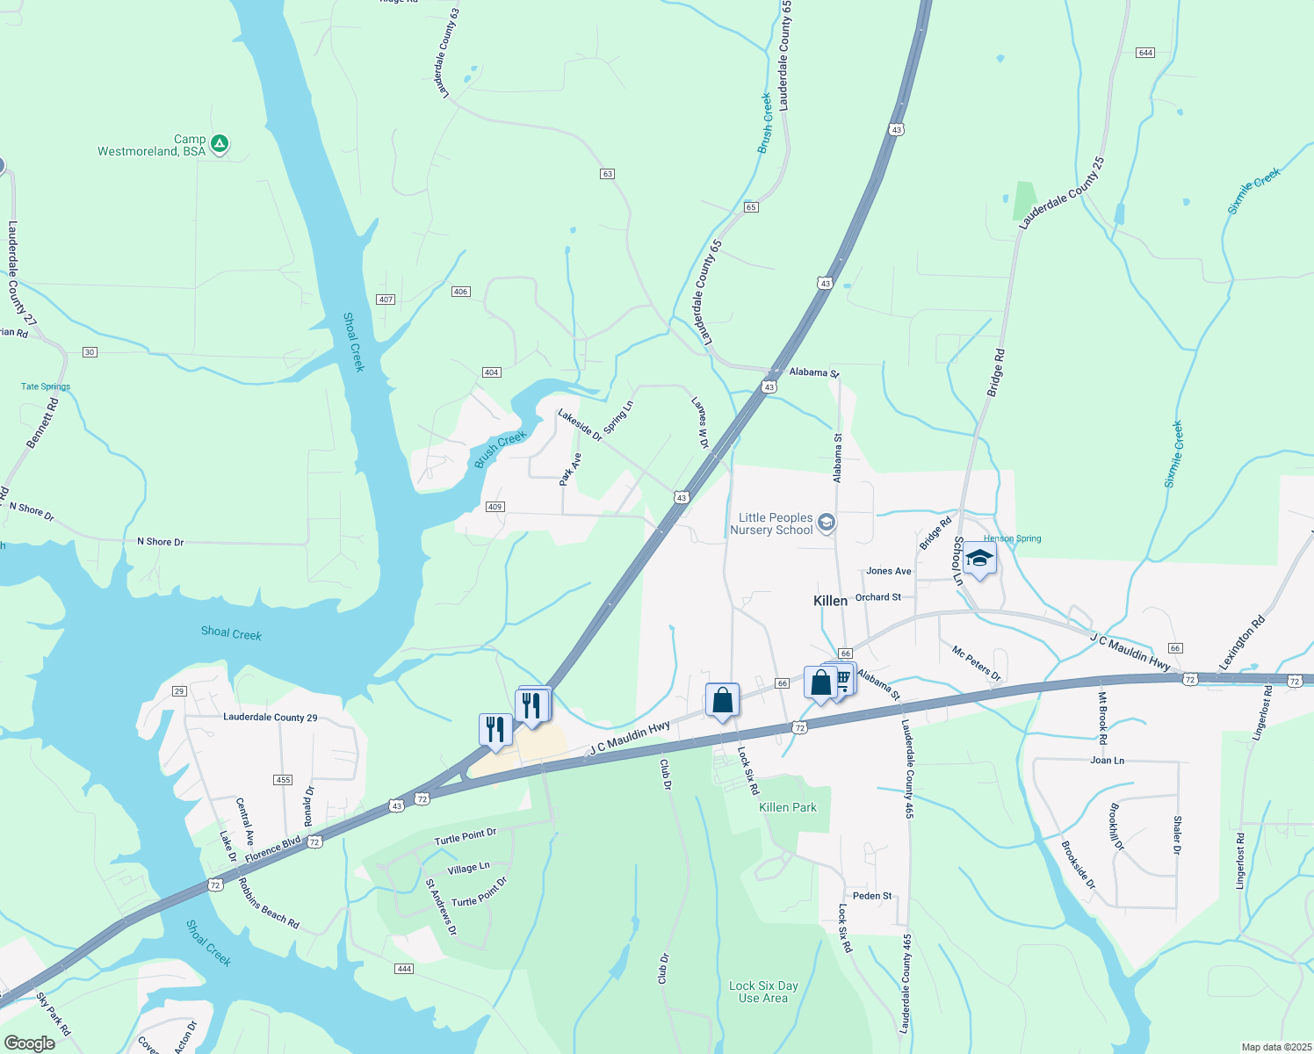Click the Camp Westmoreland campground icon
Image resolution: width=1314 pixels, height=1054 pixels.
point(220,143)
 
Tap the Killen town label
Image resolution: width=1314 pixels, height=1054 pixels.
point(830,601)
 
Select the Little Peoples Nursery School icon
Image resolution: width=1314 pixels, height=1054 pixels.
point(826,523)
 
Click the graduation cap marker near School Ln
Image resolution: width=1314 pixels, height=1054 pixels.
point(978,559)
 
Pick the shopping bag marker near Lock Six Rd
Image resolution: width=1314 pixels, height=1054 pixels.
point(722,701)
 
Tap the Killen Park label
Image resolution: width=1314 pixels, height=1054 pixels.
point(787,807)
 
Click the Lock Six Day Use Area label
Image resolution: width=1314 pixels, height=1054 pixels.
point(763,992)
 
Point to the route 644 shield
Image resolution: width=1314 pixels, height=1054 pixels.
point(1144,53)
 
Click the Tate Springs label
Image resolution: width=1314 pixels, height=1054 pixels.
point(46,386)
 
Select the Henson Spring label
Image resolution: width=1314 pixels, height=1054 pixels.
point(1012,538)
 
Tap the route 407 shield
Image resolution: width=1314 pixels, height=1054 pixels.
point(385,300)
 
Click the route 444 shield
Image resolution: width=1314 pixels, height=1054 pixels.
point(403,969)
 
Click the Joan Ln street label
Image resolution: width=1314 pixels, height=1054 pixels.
point(1107,761)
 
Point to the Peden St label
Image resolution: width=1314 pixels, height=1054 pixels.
point(872,896)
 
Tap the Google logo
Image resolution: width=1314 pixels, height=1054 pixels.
point(29,1043)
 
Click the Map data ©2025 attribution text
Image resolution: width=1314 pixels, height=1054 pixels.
point(1275,1047)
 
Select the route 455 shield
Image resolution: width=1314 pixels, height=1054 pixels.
point(282,780)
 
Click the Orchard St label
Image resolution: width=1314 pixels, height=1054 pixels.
point(877,597)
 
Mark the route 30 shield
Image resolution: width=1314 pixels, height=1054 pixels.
point(90,352)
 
